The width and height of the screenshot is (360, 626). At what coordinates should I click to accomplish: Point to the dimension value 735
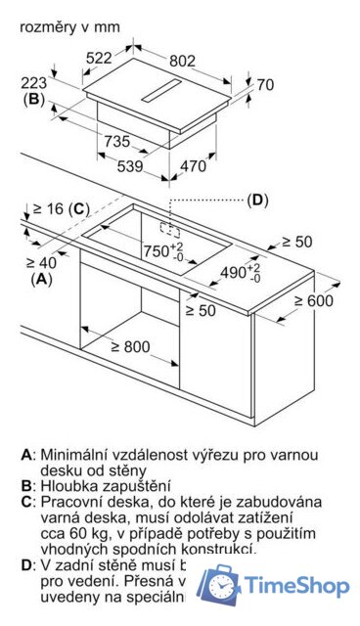tap(116, 142)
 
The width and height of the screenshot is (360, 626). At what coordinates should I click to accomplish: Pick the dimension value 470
tap(195, 166)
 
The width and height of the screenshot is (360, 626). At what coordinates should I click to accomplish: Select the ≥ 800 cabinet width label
tap(129, 346)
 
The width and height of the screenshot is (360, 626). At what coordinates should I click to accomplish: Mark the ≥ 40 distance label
tap(42, 262)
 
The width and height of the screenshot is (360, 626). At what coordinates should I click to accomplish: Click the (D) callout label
tap(256, 200)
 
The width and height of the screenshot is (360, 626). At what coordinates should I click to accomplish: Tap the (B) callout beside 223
tap(34, 99)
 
